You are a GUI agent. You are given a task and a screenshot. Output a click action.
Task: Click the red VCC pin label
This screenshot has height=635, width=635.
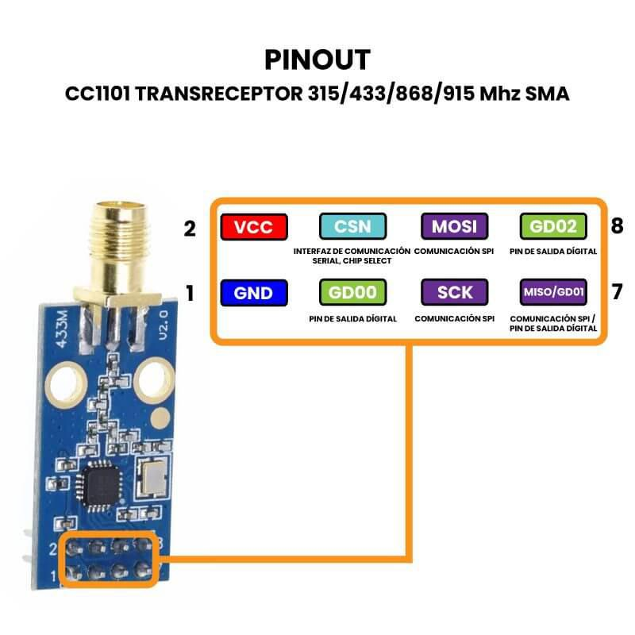(x=255, y=227)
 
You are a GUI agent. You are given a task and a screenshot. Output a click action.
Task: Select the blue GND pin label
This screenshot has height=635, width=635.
(x=255, y=293)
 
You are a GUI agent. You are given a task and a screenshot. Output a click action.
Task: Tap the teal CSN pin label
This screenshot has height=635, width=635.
(x=352, y=227)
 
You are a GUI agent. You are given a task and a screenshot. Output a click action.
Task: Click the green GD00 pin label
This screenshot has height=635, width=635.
(x=352, y=293)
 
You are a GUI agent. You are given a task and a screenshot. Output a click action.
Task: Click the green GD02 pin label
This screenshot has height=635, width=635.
(x=553, y=227)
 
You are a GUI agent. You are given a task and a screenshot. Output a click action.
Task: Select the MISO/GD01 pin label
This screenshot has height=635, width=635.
(x=553, y=293)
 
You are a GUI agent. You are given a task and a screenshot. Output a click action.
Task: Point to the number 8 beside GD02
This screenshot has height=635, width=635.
(x=618, y=228)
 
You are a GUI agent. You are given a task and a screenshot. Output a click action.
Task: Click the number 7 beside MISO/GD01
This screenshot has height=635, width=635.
(x=618, y=293)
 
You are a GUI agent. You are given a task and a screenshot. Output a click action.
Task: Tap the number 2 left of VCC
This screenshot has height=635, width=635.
(x=189, y=229)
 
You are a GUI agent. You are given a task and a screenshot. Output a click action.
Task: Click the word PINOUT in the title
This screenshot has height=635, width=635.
(x=317, y=60)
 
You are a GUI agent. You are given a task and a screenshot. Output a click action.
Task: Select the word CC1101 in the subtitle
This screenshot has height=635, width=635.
(x=98, y=94)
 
